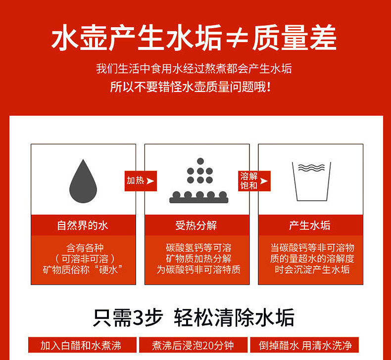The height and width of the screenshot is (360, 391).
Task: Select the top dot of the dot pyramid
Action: tap(200, 161)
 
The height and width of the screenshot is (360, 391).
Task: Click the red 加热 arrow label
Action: tap(141, 181)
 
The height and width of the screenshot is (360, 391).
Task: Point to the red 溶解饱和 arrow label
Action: tap(254, 181)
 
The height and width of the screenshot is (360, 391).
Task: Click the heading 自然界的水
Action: tap(83, 225)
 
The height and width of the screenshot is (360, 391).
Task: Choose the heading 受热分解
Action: tap(196, 225)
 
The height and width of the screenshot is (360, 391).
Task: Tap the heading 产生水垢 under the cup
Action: tap(310, 225)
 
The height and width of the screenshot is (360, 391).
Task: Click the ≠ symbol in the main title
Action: tap(237, 38)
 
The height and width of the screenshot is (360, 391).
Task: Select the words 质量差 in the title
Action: tap(294, 38)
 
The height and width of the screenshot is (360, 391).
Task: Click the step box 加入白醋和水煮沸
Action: tap(82, 345)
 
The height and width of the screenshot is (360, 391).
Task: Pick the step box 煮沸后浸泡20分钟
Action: tap(193, 345)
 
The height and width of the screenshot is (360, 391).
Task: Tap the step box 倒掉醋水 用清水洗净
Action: tap(304, 345)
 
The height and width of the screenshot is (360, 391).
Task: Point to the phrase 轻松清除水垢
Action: tap(234, 317)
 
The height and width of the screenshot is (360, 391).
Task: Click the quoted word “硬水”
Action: tap(108, 270)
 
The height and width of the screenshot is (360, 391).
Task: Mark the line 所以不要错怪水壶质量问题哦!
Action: tap(191, 87)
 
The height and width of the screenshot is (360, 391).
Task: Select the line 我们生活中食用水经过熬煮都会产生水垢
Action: tap(194, 69)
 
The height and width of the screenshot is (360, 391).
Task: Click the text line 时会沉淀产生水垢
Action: tap(312, 270)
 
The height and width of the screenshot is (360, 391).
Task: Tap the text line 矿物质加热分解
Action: tap(199, 259)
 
